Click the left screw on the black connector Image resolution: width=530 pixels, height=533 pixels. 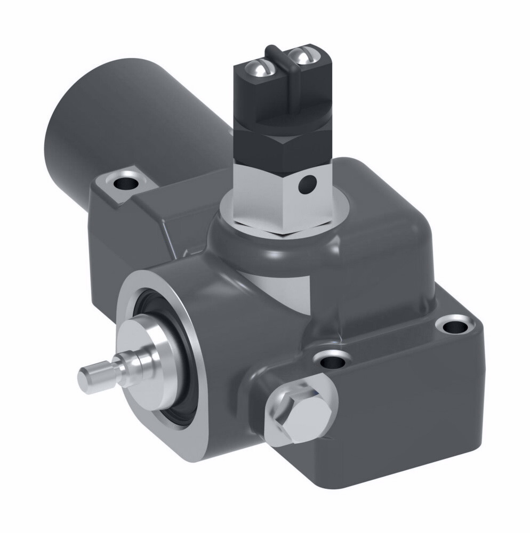point(258,68)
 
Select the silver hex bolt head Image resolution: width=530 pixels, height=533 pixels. point(296,411)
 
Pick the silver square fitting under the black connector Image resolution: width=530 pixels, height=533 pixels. point(267,200)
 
